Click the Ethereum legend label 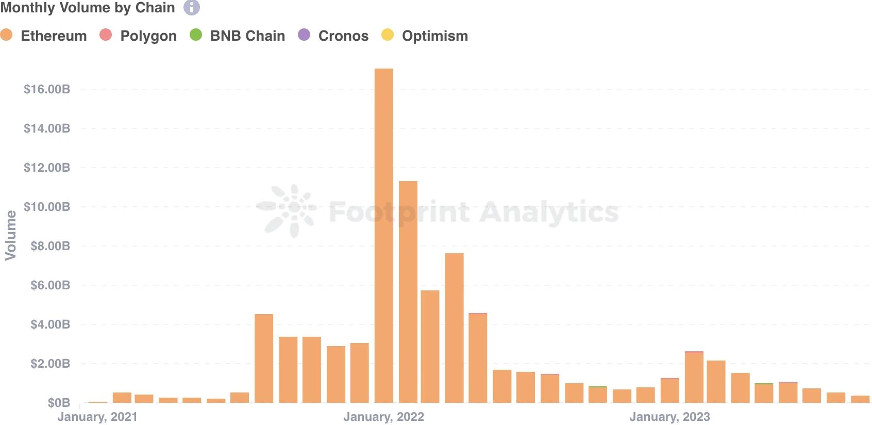(54, 36)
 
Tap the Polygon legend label (148, 36)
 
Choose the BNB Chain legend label (247, 36)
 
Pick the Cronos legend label (343, 36)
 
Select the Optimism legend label (435, 36)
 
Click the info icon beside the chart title (192, 8)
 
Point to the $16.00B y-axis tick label (47, 89)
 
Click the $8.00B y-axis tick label (50, 246)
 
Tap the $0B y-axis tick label (59, 403)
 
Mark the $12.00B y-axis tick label (47, 168)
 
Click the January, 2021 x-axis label (97, 417)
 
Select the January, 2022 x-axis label (384, 417)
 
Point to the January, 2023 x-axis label (669, 417)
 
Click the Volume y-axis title (10, 235)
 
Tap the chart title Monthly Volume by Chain (88, 8)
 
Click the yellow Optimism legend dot (387, 35)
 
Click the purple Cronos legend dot (304, 35)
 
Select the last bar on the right (860, 399)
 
